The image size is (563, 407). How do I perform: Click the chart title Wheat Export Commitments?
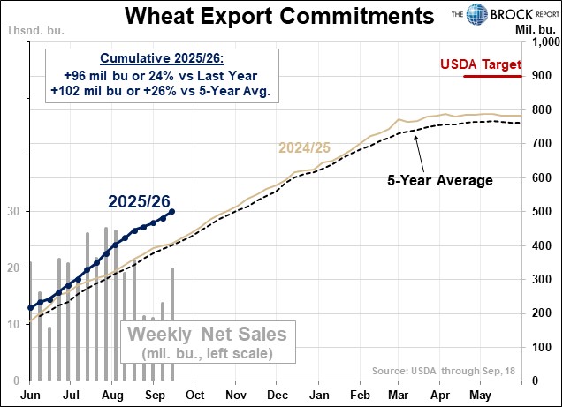279,17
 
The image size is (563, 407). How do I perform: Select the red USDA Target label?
481,64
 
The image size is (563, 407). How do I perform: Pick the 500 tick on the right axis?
540,212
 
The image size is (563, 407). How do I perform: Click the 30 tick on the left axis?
14,212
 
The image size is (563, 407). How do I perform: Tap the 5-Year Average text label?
439,180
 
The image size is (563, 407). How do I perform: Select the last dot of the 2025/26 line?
171,211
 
